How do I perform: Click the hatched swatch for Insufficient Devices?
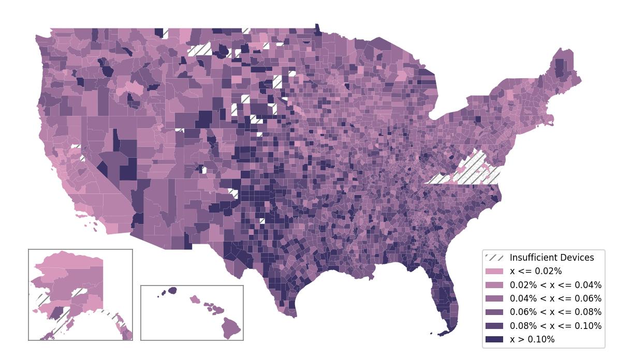[494, 258]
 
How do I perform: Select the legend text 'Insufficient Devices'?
[551, 258]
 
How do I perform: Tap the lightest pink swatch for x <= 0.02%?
[494, 271]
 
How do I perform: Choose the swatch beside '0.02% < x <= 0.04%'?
[494, 285]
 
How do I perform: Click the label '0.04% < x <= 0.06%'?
[555, 298]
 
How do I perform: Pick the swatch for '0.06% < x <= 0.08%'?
[494, 312]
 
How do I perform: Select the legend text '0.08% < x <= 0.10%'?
[555, 326]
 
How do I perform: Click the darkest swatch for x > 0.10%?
[494, 339]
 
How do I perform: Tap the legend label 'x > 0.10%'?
[532, 339]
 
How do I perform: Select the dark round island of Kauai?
[172, 291]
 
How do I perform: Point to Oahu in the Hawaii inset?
[195, 299]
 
